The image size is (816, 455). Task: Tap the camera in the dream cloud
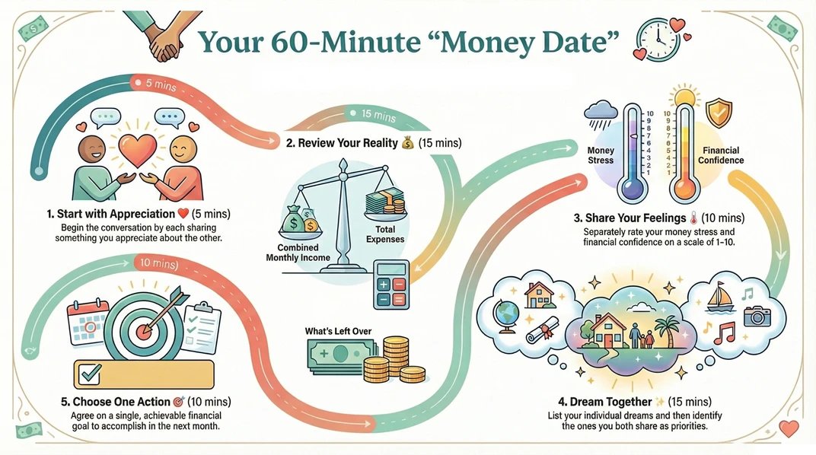pyautogui.click(x=757, y=313)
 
